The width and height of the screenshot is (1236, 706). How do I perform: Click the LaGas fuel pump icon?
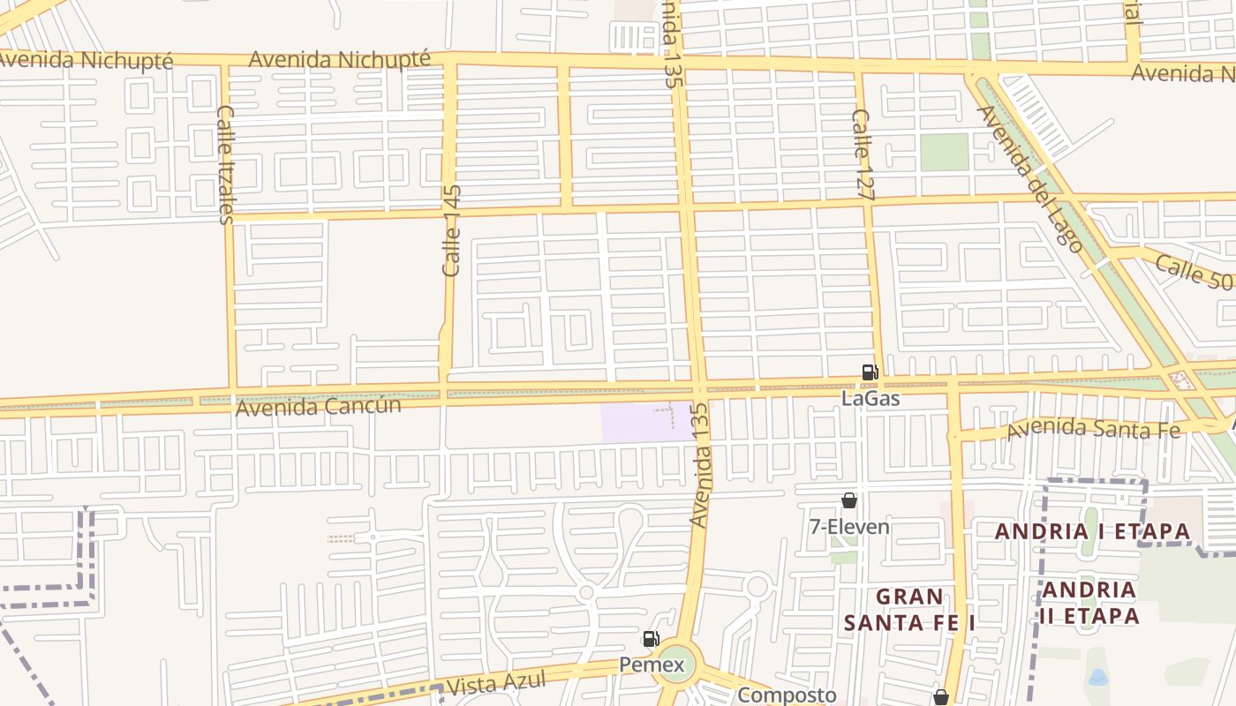870,372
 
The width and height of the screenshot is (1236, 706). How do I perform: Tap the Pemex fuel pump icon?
651,639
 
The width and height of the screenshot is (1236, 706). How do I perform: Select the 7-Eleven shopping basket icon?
849,500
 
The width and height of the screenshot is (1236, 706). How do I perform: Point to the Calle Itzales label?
225,164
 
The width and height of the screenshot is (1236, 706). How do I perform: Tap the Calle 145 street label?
451,230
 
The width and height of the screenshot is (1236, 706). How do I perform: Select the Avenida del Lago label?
1029,178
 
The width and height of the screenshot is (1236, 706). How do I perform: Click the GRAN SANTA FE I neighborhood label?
908,610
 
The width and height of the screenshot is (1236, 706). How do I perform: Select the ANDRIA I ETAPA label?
1093,532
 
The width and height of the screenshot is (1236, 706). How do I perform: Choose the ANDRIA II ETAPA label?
1089,603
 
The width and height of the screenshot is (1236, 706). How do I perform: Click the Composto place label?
786,695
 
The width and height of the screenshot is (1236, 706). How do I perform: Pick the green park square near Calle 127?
945,152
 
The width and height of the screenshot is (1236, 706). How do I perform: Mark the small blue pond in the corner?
1097,678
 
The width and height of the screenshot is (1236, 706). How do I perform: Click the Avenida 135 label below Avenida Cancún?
700,466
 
